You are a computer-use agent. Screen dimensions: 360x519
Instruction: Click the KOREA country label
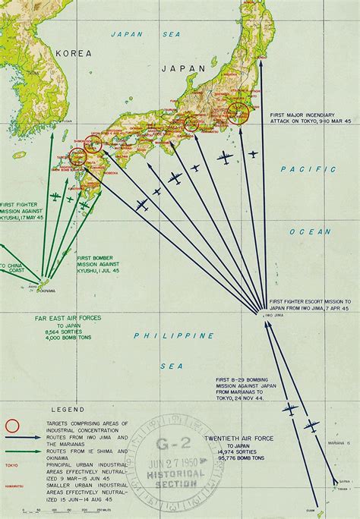[72, 53]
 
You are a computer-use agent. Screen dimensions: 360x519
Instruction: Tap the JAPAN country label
[189, 68]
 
